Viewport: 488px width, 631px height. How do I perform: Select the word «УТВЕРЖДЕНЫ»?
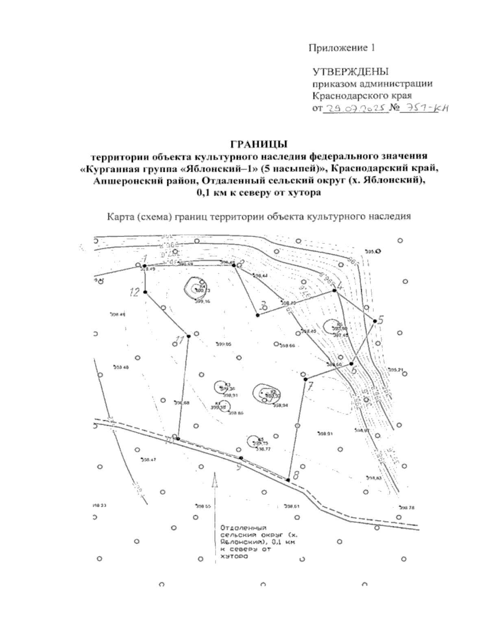click(x=350, y=72)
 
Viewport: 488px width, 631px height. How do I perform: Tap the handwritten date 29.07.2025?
click(x=354, y=109)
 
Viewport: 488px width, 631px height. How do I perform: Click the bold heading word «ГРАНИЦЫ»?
click(x=259, y=144)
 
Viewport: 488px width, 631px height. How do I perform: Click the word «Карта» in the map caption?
click(x=118, y=217)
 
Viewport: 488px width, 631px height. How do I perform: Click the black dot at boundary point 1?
click(x=144, y=266)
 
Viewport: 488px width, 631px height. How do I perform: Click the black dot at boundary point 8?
click(x=288, y=480)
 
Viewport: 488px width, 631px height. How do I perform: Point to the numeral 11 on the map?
click(x=180, y=340)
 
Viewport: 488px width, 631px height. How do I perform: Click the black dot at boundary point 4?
click(x=334, y=291)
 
